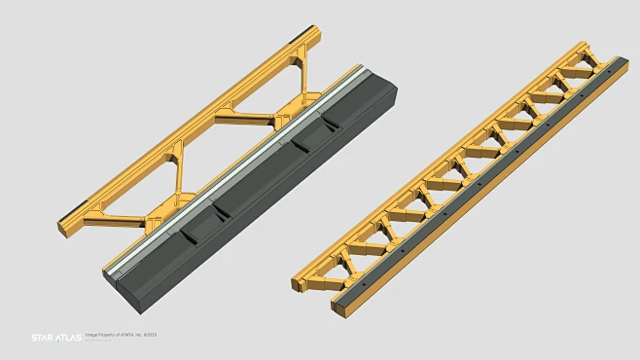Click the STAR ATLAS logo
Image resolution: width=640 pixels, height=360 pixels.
point(55,338)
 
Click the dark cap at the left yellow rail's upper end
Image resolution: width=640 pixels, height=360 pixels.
point(312,31)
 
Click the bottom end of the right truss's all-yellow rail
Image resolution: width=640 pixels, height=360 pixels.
point(299,285)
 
